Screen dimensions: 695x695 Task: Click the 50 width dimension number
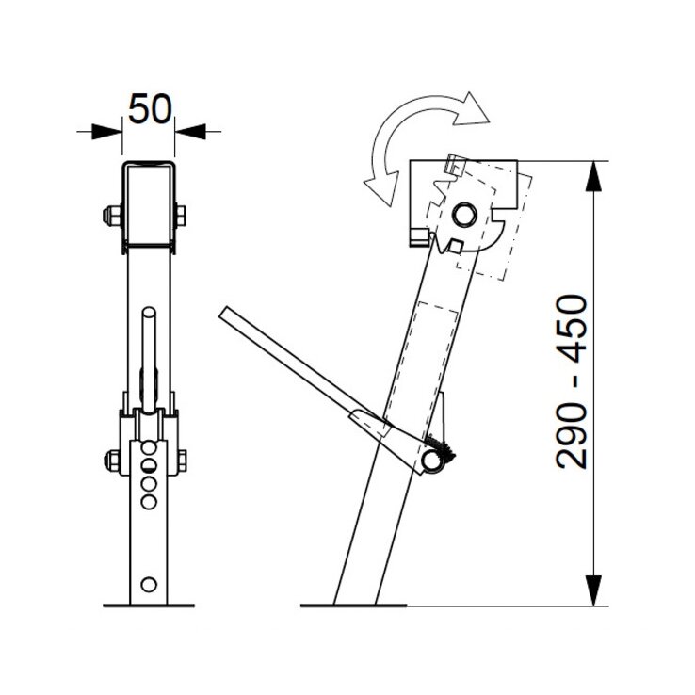[150, 108]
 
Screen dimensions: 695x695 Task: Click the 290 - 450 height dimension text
[572, 381]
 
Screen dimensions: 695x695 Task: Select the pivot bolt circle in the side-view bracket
[464, 215]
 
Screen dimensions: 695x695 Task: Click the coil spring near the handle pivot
[441, 448]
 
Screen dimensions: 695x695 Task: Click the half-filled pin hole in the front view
[149, 464]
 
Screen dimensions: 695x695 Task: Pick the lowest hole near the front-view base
[149, 584]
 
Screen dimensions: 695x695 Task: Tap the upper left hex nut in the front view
[112, 216]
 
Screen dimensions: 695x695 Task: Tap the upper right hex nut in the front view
[181, 216]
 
